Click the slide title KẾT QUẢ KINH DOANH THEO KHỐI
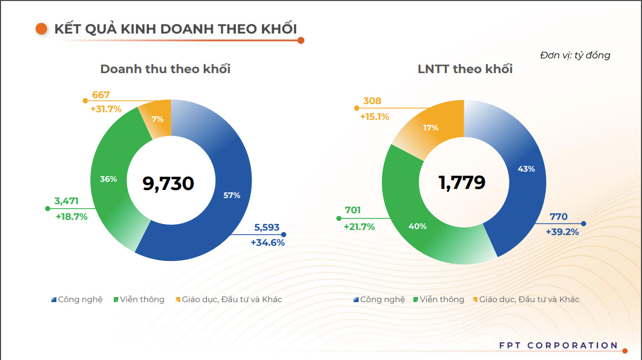(175, 29)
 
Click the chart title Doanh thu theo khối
(165, 69)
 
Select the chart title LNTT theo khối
(465, 69)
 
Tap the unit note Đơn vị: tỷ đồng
(575, 55)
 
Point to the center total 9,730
(168, 183)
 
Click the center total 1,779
(462, 182)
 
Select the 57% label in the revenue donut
(232, 195)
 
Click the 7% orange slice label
(157, 119)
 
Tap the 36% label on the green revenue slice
(109, 179)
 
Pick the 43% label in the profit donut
(526, 169)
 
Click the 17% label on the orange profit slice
(431, 128)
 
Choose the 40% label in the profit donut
(418, 226)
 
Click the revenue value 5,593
(267, 228)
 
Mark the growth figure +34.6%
(268, 243)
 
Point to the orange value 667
(101, 95)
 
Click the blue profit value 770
(559, 217)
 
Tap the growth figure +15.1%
(374, 117)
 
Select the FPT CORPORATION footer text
(558, 346)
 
